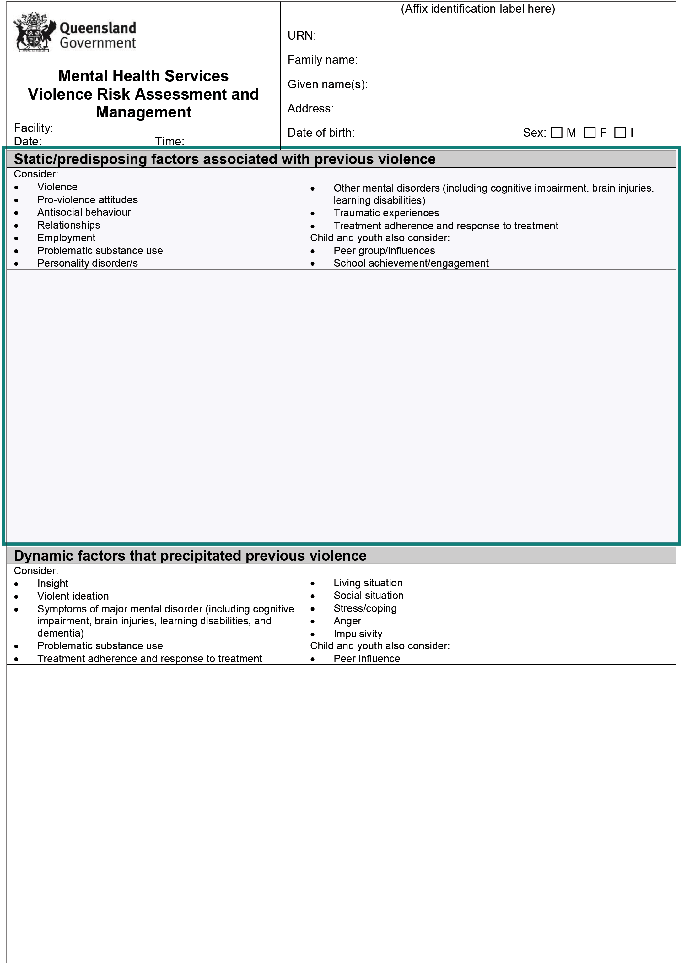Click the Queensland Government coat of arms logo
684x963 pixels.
(x=34, y=32)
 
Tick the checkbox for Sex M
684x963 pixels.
(x=556, y=133)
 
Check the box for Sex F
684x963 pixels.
(x=590, y=133)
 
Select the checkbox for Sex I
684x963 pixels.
(x=620, y=133)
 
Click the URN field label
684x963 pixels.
(x=302, y=36)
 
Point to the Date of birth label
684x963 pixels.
(x=321, y=133)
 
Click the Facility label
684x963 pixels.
(x=33, y=128)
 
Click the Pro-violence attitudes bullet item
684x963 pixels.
(x=87, y=200)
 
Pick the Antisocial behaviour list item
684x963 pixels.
(x=84, y=212)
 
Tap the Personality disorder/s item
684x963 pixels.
(x=87, y=264)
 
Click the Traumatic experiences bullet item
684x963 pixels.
(x=386, y=213)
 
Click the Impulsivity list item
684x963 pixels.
(x=358, y=634)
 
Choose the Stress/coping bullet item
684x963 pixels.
(x=365, y=609)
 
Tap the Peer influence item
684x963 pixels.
(x=366, y=659)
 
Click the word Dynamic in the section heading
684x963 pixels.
(x=43, y=556)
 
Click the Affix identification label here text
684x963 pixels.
(x=478, y=9)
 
